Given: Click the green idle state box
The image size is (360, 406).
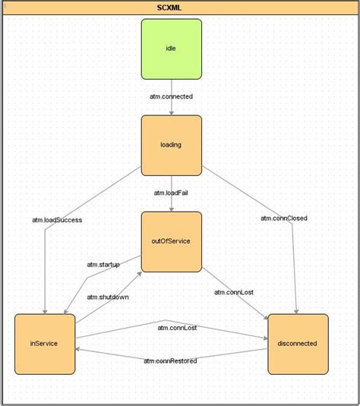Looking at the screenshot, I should pyautogui.click(x=171, y=49).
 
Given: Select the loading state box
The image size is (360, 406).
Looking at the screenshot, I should pyautogui.click(x=171, y=144).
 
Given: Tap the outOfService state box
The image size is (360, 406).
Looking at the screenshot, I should pyautogui.click(x=171, y=241).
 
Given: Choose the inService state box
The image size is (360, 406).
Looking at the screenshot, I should pyautogui.click(x=45, y=344).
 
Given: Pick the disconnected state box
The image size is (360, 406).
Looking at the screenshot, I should pyautogui.click(x=298, y=344).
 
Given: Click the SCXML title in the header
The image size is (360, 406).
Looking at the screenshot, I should pyautogui.click(x=179, y=8).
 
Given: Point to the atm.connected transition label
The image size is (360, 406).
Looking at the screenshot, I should pyautogui.click(x=171, y=96).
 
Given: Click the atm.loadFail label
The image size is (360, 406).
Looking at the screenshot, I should pyautogui.click(x=171, y=193).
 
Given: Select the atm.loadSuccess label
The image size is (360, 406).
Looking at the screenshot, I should pyautogui.click(x=57, y=220).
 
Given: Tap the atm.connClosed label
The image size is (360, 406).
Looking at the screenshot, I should pyautogui.click(x=284, y=219).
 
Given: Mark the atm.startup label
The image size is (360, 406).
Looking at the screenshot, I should pyautogui.click(x=104, y=264).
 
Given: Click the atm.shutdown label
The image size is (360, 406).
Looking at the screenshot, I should pyautogui.click(x=108, y=297).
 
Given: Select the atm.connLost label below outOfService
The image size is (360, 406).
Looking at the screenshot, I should pyautogui.click(x=233, y=292).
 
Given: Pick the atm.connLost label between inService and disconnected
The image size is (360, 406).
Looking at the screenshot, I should pyautogui.click(x=178, y=328).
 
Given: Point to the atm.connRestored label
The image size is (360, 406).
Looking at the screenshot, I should pyautogui.click(x=171, y=360).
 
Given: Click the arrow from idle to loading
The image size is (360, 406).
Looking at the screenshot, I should pyautogui.click(x=171, y=106).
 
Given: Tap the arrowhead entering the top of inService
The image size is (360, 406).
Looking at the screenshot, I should pyautogui.click(x=45, y=310).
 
